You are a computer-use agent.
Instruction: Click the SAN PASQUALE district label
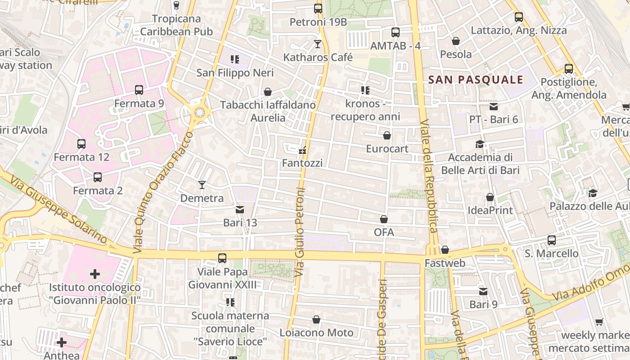tap(476, 80)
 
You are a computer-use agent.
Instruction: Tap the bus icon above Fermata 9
tap(139, 90)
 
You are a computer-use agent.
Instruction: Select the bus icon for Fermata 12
tap(81, 144)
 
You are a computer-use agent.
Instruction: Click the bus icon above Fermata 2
tap(98, 177)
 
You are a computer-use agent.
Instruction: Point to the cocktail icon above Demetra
tap(202, 185)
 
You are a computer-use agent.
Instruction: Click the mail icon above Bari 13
tap(240, 210)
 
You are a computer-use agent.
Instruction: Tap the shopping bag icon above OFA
tap(384, 219)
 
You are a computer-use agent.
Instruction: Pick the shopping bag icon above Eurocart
tap(387, 135)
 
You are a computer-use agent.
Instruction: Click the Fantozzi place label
tap(302, 163)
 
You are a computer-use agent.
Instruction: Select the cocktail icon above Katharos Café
tap(318, 44)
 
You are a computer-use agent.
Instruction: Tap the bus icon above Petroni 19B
tap(318, 8)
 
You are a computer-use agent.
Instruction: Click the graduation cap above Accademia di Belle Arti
tap(480, 144)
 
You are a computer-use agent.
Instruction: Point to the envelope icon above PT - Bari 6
tap(494, 107)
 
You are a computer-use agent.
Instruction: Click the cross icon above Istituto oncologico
tap(94, 274)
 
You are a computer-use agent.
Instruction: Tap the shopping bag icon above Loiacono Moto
tap(316, 319)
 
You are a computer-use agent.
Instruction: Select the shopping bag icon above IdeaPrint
tap(490, 197)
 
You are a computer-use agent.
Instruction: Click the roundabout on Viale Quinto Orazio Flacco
tap(198, 113)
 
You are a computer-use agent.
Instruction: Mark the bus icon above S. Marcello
tap(551, 240)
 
